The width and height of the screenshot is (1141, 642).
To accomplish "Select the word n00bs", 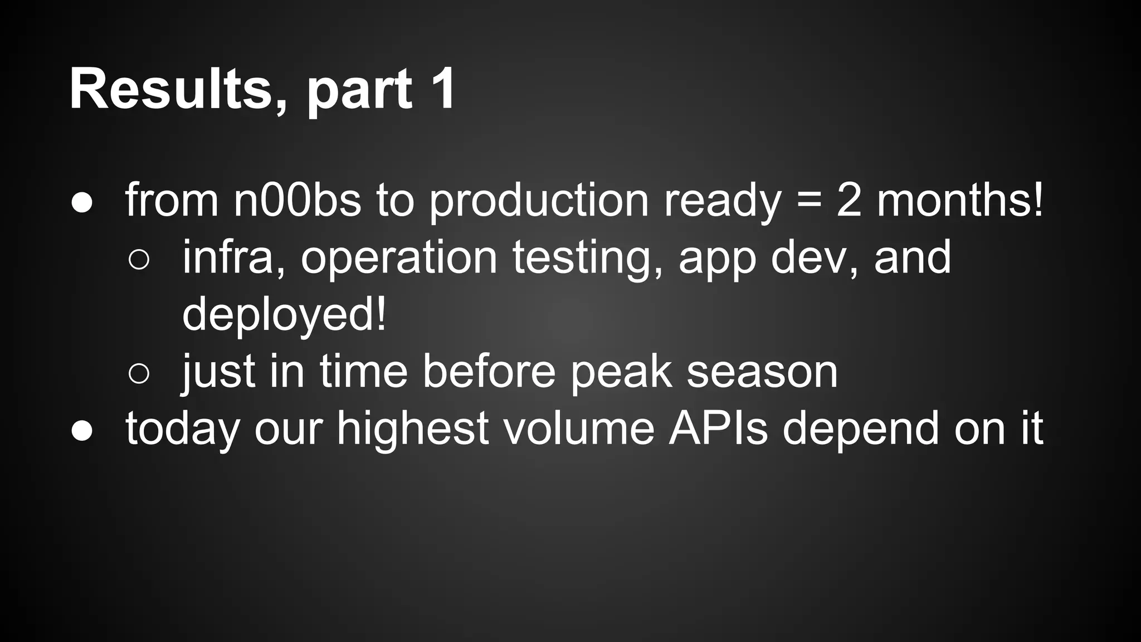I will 297,200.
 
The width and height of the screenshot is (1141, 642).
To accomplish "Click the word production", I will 539,201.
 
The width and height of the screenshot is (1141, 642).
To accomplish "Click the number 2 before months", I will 849,200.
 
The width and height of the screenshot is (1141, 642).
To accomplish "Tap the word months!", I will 960,200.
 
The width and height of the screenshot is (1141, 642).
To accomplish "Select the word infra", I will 233,257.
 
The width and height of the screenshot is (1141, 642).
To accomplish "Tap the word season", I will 762,372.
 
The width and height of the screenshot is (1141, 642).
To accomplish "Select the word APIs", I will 718,429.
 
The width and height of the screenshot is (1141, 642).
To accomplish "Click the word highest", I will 413,429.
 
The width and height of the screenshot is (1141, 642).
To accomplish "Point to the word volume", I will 579,429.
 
